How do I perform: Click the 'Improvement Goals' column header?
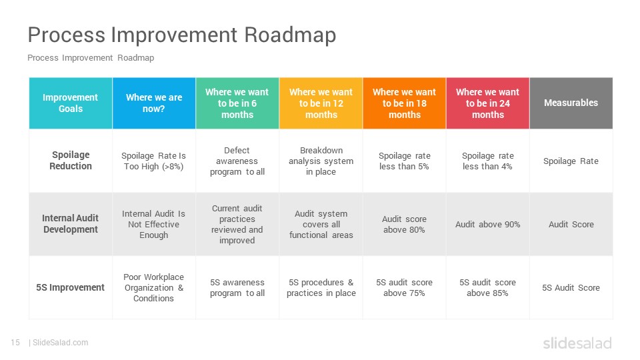coord(71,103)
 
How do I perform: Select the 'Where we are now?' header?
coord(154,103)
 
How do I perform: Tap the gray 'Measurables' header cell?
coord(571,103)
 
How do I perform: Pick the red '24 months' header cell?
coord(488,103)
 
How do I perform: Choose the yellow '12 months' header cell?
coord(321,103)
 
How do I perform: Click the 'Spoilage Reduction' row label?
coord(71,161)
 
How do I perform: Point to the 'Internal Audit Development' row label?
coord(71,224)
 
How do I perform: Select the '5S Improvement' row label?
coord(70,287)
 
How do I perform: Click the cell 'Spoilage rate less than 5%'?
coord(404,161)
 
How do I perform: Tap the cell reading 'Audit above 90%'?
coord(488,224)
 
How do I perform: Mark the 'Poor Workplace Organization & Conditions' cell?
coord(154,287)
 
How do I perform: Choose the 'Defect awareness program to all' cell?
coord(237,161)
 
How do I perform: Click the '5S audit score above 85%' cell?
coord(488,287)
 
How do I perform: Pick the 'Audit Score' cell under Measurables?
coord(571,224)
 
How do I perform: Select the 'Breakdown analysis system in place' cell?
coord(321,161)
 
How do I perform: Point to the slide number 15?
coord(15,343)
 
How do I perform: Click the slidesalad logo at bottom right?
coord(577,343)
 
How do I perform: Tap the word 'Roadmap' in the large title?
coord(290,35)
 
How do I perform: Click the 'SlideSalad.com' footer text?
coord(60,343)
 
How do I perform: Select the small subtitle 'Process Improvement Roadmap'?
coord(91,57)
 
